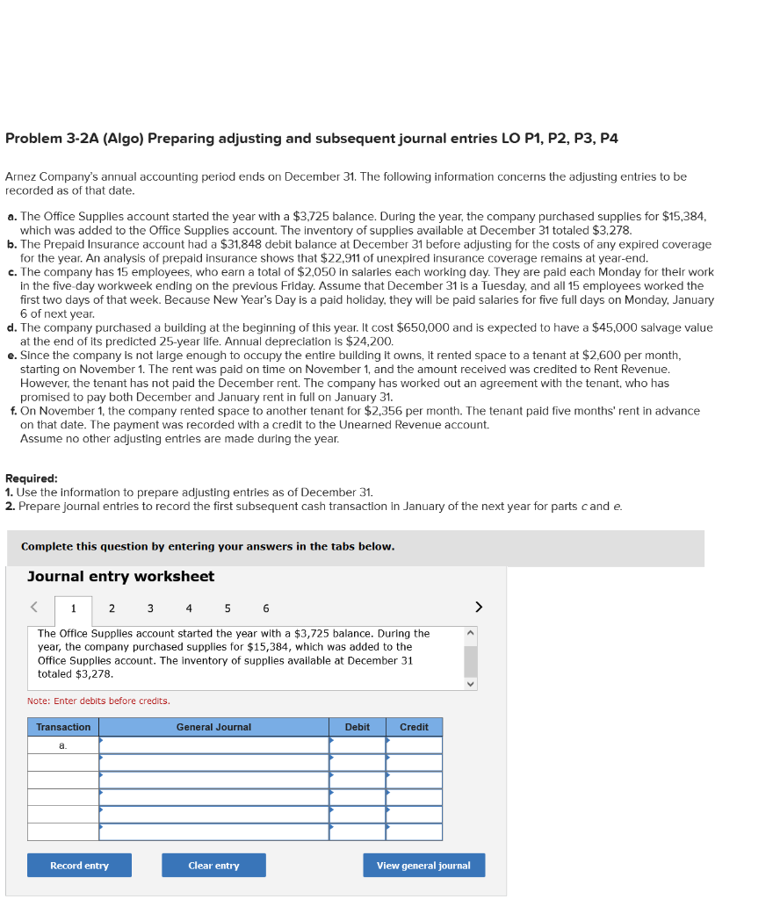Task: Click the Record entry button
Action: (79, 866)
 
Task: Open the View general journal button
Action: (423, 866)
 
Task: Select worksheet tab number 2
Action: (112, 608)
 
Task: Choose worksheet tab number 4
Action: (189, 608)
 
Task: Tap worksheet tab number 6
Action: (265, 608)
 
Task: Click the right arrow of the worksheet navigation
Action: (479, 607)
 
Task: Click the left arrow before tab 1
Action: (34, 607)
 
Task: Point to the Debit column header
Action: (357, 727)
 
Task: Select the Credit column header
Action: (414, 727)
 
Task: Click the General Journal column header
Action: (213, 727)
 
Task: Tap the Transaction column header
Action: (63, 727)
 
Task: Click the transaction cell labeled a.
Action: (63, 745)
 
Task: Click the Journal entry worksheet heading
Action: (120, 577)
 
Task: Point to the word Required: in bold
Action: (32, 478)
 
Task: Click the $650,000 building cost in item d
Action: (425, 327)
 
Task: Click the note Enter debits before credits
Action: (98, 701)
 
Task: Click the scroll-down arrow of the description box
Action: (471, 683)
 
